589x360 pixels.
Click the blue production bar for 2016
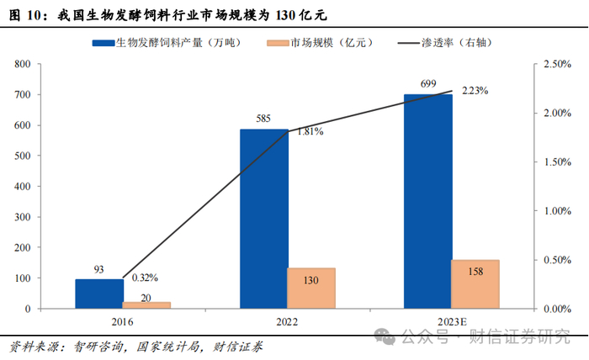[99, 294]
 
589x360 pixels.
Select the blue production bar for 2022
[263, 219]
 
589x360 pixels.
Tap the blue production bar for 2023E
[427, 202]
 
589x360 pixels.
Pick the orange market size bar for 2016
[146, 304]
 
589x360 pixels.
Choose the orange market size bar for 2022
[311, 288]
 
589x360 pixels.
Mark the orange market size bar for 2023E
[475, 283]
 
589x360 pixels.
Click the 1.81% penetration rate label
[309, 131]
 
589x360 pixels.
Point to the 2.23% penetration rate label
[475, 91]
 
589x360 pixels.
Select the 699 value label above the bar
[427, 83]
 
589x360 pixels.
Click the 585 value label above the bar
[263, 119]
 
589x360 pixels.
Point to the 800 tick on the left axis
[24, 65]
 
